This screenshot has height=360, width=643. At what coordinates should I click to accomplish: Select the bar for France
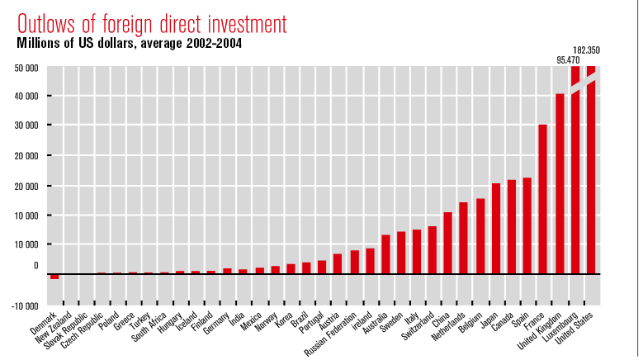coord(543,198)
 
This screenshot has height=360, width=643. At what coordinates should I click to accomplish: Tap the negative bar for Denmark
coord(54,276)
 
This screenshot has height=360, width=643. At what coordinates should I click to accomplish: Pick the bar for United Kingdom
coord(560,183)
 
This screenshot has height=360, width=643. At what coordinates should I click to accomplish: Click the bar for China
coord(448,243)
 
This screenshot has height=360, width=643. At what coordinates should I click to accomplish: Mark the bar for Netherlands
coord(464,238)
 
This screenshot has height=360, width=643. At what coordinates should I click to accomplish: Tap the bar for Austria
coord(338,263)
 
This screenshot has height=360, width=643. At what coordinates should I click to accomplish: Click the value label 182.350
coord(586,51)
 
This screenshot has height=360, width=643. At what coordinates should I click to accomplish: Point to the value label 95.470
coord(568,60)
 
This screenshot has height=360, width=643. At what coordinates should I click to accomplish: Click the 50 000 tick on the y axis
coord(26,68)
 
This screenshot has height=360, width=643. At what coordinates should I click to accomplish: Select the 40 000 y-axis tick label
coord(26,97)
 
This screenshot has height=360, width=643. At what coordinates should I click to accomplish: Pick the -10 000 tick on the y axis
coord(24,306)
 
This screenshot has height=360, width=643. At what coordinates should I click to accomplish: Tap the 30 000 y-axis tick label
coord(26,126)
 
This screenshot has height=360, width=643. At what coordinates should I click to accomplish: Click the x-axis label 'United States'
coord(579,326)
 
